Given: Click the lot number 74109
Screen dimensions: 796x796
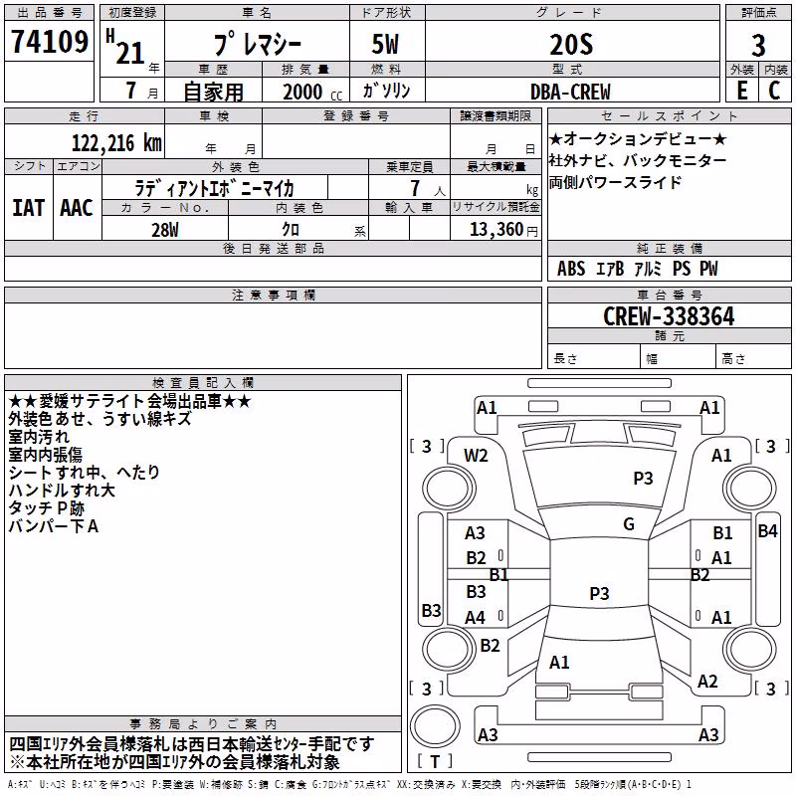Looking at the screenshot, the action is [49, 42].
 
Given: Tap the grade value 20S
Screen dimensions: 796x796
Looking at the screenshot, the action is [571, 45].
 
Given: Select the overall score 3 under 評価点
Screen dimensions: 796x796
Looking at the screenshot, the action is [758, 46].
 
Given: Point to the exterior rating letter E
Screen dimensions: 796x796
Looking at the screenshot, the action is [742, 91].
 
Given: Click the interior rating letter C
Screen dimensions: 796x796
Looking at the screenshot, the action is [774, 91].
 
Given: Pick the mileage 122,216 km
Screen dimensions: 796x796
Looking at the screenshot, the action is [116, 143].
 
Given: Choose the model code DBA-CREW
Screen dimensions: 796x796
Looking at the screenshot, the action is [570, 92].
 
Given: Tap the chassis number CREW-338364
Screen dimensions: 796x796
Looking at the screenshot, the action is [669, 316].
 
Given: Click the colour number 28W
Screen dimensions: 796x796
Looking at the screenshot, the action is [165, 230].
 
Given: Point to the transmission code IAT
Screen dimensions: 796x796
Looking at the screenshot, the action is [29, 208].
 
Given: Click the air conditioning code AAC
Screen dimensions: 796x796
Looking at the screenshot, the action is [77, 208].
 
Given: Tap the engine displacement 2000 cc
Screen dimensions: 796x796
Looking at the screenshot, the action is [312, 92].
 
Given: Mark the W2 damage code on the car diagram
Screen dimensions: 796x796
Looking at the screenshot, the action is [476, 456].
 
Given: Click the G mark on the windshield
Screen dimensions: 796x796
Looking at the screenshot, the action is [629, 524].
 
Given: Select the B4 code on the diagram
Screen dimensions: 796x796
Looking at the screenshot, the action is [767, 531].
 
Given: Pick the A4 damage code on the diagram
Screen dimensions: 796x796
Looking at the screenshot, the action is [476, 618].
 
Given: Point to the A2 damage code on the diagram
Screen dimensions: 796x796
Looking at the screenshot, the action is [707, 682].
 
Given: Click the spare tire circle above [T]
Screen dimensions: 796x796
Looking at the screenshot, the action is [435, 725].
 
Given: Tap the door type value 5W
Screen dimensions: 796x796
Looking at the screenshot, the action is [385, 45].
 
